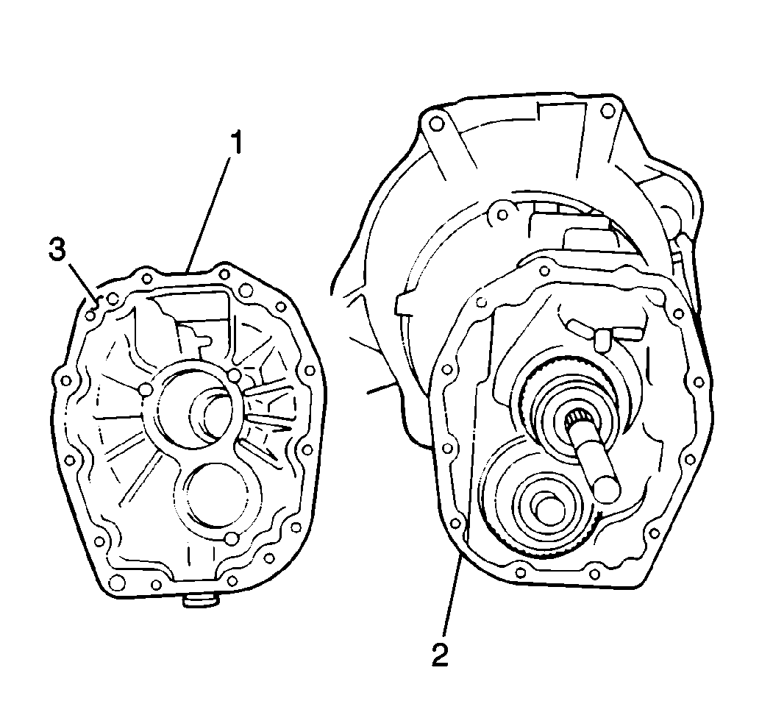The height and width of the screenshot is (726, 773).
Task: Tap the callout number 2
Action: pyautogui.click(x=441, y=653)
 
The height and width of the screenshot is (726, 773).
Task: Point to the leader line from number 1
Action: pyautogui.click(x=213, y=207)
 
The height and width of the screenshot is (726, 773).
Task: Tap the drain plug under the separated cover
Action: pyautogui.click(x=200, y=601)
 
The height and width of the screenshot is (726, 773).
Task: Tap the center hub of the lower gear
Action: pyautogui.click(x=547, y=507)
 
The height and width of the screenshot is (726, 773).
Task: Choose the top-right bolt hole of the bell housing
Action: pyautogui.click(x=607, y=112)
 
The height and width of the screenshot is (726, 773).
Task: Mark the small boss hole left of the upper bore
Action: pyautogui.click(x=145, y=388)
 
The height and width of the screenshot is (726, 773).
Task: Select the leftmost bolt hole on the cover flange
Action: pyautogui.click(x=64, y=381)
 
